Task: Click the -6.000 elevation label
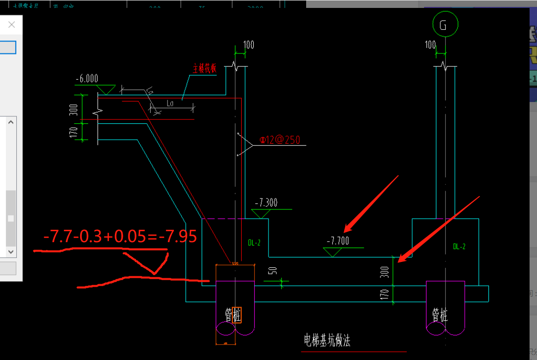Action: (x=87, y=79)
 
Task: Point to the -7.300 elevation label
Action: (x=266, y=203)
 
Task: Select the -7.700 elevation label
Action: (x=338, y=241)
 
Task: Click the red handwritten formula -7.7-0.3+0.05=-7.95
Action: (x=120, y=236)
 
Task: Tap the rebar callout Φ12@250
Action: (x=280, y=140)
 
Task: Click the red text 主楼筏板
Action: (x=205, y=69)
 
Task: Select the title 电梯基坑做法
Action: (x=327, y=341)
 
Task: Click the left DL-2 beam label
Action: (x=254, y=243)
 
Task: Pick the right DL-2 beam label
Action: (x=459, y=246)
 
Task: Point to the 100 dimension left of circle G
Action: (x=430, y=45)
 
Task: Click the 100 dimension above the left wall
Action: (x=249, y=45)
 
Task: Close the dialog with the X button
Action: (x=12, y=24)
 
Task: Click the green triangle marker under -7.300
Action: (x=260, y=213)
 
